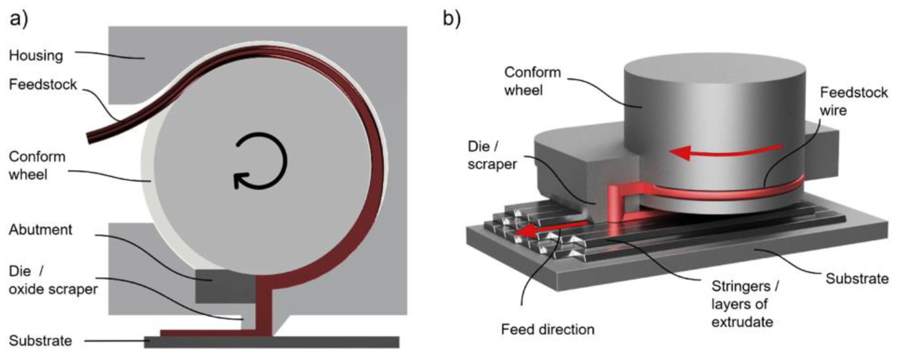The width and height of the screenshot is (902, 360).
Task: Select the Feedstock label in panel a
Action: tap(43, 84)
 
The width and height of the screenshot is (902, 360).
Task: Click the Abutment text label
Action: tap(41, 230)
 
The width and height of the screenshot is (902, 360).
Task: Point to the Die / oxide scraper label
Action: tap(53, 280)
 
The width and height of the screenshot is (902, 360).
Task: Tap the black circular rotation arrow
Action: tap(261, 161)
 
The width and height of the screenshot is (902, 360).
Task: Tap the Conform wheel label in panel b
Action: tap(532, 81)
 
